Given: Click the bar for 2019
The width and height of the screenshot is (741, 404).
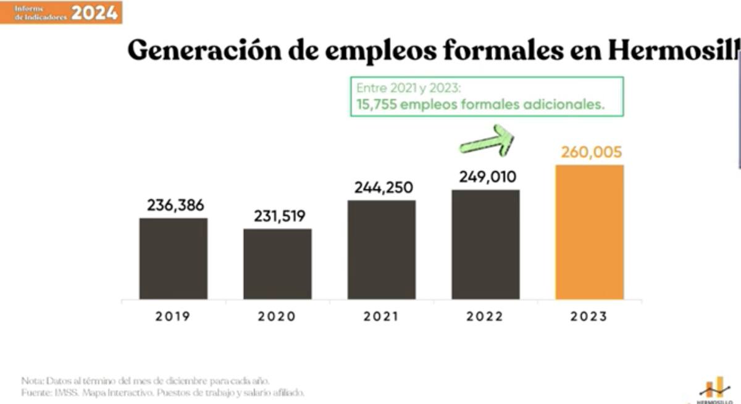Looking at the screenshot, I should (x=174, y=258).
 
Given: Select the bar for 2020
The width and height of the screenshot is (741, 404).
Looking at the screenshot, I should (x=277, y=264).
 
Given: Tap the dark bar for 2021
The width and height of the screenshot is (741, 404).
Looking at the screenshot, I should (x=381, y=250).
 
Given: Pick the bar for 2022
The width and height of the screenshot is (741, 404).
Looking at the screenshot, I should (x=485, y=244).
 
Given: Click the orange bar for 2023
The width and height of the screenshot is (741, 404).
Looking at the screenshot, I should (x=589, y=232).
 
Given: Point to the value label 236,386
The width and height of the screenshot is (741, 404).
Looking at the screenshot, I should (x=175, y=205).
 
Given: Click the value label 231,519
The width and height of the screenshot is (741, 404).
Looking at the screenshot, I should (x=280, y=216).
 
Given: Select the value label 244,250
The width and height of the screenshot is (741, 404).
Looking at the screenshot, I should (x=383, y=188).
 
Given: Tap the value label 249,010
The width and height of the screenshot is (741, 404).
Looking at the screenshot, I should (x=488, y=177).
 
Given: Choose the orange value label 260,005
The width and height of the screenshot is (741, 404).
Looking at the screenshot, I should (x=591, y=152).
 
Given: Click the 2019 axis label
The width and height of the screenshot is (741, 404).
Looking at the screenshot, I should (x=173, y=316).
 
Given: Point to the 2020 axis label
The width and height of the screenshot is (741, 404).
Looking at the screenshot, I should (x=277, y=316).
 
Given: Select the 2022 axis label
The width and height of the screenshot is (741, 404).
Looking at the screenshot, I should (x=485, y=316).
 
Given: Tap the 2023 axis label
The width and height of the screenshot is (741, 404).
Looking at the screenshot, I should (x=589, y=316).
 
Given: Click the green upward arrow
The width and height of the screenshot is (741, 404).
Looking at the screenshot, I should (x=487, y=140).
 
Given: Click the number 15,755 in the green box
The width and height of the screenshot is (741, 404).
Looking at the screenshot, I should (x=376, y=105).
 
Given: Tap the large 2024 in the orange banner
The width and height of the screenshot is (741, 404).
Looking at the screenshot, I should (x=94, y=12).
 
